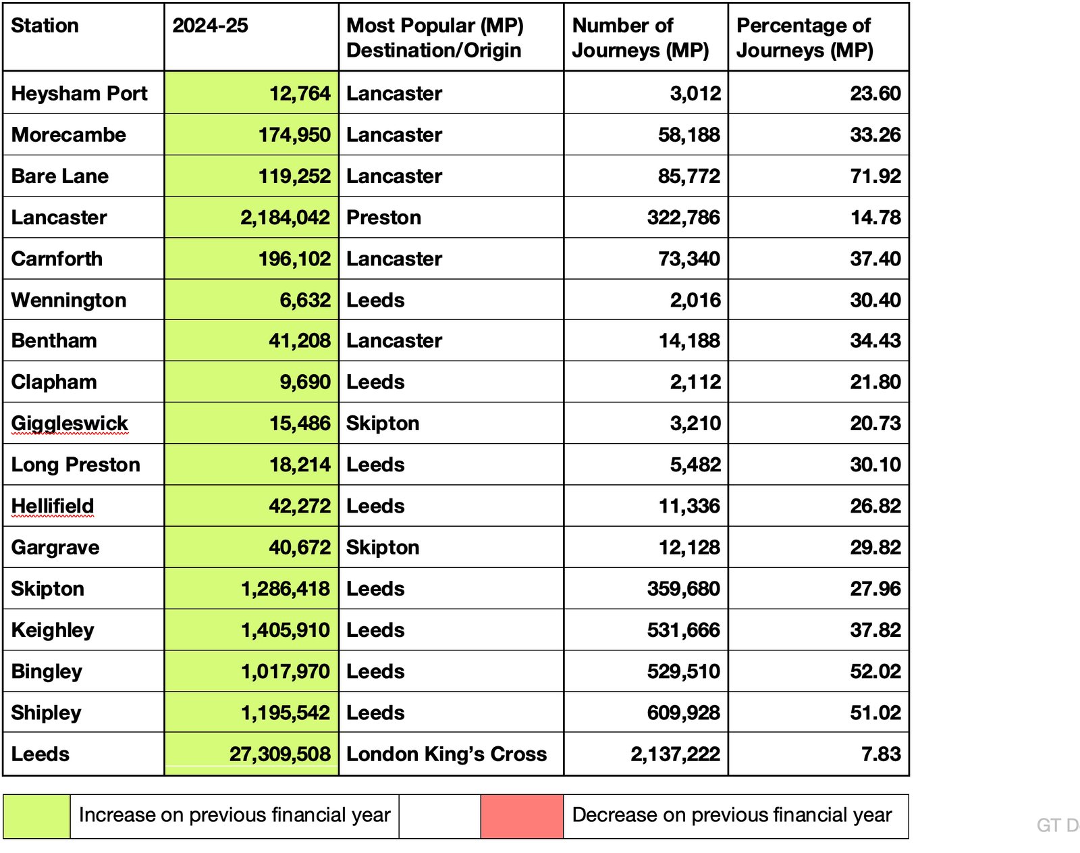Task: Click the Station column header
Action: tap(45, 26)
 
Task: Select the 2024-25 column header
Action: tap(210, 26)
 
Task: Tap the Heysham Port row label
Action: tap(79, 93)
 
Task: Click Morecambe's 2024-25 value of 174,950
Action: tap(294, 134)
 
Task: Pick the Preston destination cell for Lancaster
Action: tap(383, 217)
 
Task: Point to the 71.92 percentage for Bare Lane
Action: tap(875, 176)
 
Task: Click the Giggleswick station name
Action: tap(70, 423)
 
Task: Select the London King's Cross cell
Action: tap(446, 754)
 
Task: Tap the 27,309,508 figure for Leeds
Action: tap(279, 754)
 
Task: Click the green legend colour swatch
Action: tap(36, 816)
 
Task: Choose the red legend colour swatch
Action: tap(522, 816)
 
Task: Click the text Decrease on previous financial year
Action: tap(732, 815)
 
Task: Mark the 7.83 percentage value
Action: tap(881, 754)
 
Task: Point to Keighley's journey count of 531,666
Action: tap(683, 630)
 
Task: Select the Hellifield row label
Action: tap(53, 506)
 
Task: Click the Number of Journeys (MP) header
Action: tap(640, 38)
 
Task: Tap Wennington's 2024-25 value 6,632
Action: tap(305, 300)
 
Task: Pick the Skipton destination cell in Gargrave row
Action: tap(383, 547)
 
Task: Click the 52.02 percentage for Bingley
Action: tap(875, 671)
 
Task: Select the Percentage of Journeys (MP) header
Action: tap(805, 38)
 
